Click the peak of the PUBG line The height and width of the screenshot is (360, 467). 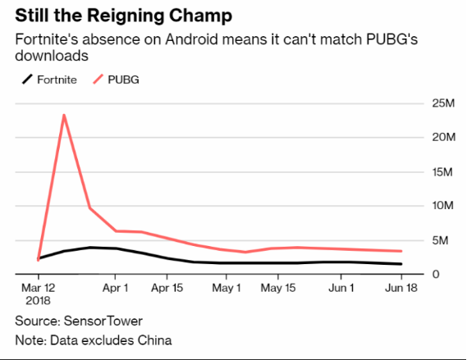(64, 115)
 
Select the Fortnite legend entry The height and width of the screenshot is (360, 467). (49, 80)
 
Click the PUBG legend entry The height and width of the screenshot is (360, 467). (116, 80)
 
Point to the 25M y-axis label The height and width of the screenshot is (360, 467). (443, 103)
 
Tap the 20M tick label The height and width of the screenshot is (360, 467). (444, 137)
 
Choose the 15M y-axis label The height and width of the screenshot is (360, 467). (442, 171)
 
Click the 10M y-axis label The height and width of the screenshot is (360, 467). (443, 205)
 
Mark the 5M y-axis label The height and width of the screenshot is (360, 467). (440, 240)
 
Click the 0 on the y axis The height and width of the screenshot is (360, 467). (436, 274)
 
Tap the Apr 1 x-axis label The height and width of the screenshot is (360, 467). (115, 288)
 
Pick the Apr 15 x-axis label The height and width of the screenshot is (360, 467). (167, 288)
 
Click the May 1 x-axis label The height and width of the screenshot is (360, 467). (226, 288)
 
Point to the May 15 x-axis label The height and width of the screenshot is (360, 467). (278, 288)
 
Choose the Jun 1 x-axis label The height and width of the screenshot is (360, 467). (341, 288)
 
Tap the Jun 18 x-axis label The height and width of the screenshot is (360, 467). (401, 288)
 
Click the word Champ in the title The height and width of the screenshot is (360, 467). (200, 16)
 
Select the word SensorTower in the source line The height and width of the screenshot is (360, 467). (103, 321)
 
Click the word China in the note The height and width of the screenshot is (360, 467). (154, 340)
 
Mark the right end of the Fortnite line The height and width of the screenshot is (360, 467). (401, 264)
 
